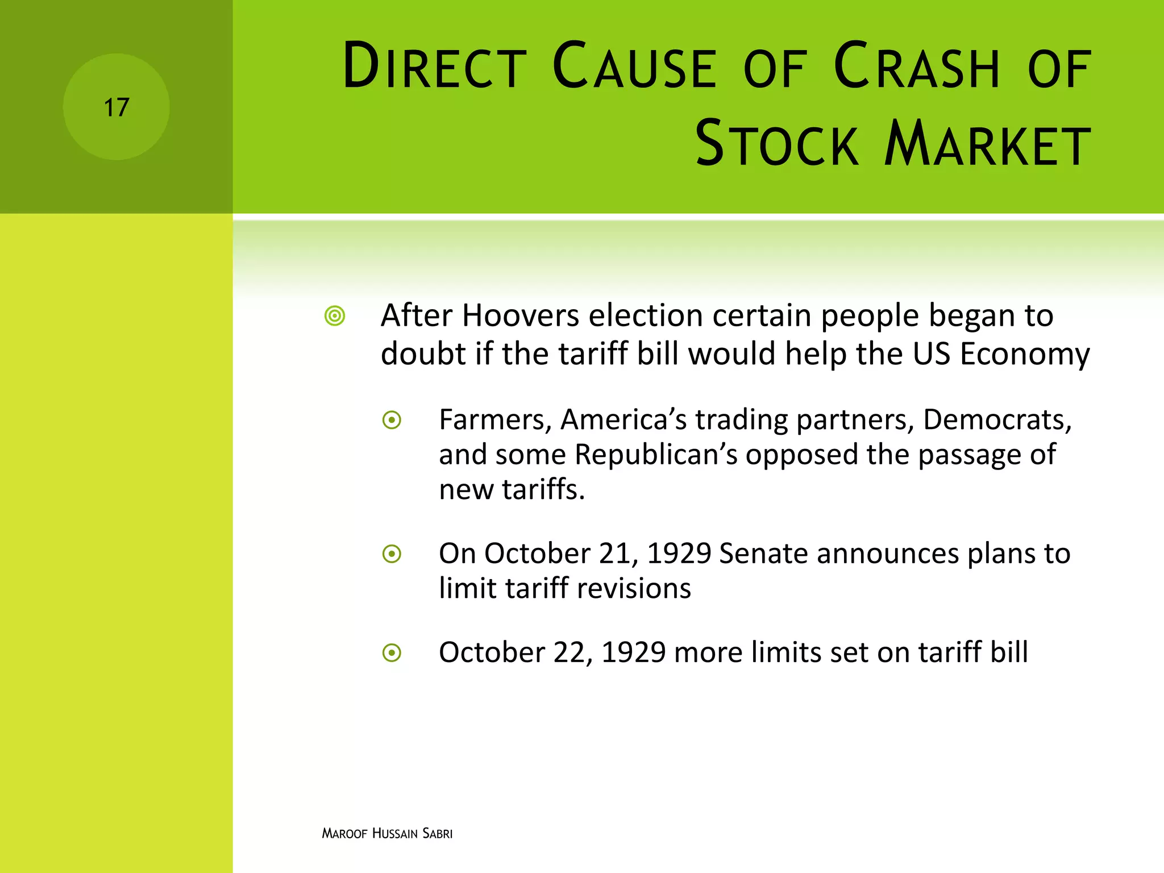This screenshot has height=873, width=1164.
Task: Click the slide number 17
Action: pos(117,107)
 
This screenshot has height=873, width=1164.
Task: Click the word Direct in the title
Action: pos(434,66)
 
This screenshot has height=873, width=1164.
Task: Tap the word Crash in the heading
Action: pos(916,66)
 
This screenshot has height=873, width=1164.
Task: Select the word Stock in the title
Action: pos(776,144)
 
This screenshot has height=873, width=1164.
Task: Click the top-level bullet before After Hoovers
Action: pos(335,316)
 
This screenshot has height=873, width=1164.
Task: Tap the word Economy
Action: pos(1025,354)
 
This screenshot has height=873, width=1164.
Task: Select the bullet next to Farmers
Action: pos(392,421)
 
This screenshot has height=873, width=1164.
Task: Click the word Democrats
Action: pos(997,420)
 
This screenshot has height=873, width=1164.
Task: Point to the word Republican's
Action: pos(656,455)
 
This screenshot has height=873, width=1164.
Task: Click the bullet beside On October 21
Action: pos(392,554)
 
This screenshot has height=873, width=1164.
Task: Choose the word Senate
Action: pos(763,554)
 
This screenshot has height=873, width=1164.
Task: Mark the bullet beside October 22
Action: pos(392,653)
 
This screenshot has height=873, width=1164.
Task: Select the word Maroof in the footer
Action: pos(344,834)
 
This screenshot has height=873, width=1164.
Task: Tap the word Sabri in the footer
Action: pos(437,834)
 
